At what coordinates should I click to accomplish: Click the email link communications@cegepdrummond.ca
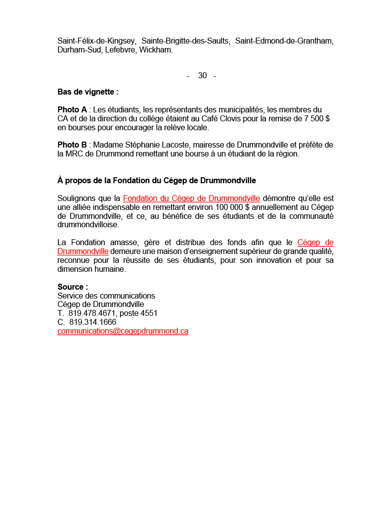(x=123, y=331)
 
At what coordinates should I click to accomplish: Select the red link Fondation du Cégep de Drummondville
(x=191, y=199)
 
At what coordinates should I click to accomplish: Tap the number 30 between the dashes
(x=202, y=76)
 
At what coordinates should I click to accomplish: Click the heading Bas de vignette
(x=88, y=92)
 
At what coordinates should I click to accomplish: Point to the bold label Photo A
(x=72, y=109)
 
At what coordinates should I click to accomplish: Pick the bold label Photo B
(x=72, y=145)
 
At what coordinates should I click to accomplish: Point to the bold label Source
(x=73, y=287)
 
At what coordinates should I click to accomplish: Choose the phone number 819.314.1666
(x=92, y=322)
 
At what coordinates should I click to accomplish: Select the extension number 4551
(x=149, y=313)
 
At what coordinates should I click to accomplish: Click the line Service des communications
(x=106, y=296)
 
